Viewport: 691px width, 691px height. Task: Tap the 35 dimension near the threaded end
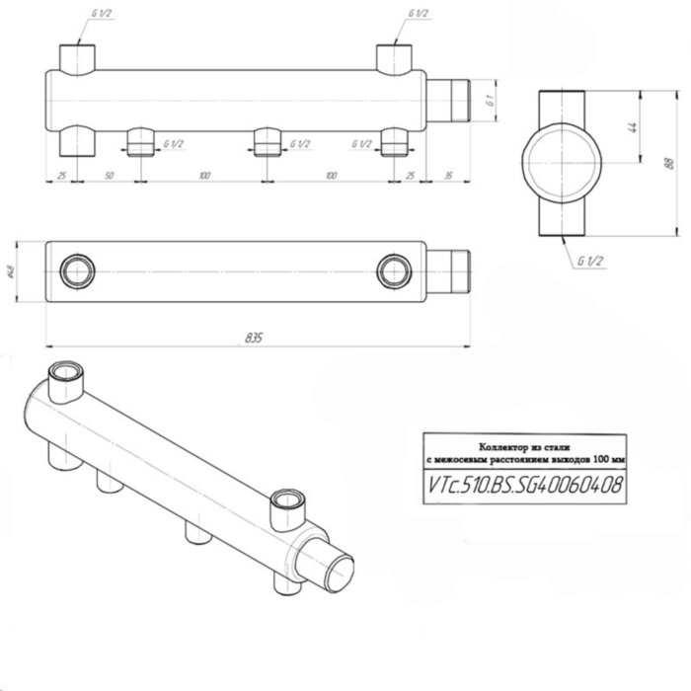[x=449, y=175]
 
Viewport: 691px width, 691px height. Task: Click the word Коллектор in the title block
[x=491, y=447]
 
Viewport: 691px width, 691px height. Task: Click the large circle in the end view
[x=559, y=163]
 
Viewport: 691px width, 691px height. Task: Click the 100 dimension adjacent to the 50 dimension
[x=203, y=175]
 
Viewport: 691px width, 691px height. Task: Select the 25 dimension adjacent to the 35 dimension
[x=409, y=175]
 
